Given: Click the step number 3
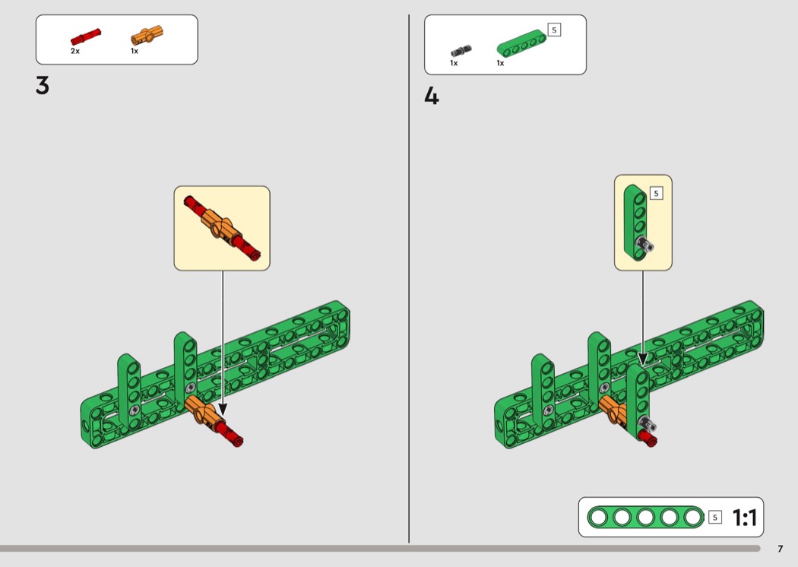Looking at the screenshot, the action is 43,86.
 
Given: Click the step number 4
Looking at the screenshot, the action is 431,96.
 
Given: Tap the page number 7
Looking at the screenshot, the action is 781,549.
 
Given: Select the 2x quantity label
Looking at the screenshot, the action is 75,51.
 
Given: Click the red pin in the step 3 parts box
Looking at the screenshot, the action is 85,36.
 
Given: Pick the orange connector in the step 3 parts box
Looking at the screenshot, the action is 147,36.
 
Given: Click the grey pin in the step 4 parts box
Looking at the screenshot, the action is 461,51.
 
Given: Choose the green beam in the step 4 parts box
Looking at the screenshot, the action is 521,43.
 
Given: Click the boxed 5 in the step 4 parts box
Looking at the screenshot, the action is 554,30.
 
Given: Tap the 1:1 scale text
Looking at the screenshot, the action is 745,518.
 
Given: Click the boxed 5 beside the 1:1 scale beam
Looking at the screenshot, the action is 715,518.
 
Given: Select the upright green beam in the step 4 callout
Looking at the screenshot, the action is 635,222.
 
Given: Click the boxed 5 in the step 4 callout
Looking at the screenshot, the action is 657,193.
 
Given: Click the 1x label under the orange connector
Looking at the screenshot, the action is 135,51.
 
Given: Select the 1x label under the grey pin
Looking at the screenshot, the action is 454,63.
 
